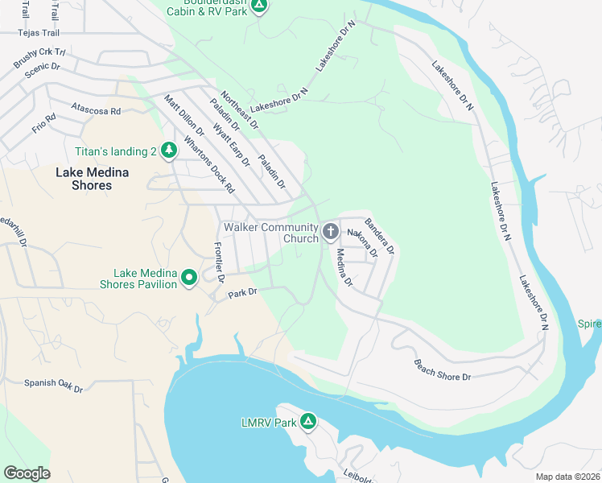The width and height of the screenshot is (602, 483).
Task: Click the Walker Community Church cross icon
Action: click(x=330, y=233)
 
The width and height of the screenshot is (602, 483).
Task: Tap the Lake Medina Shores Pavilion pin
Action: click(x=189, y=278)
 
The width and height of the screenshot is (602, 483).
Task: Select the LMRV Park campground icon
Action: click(x=307, y=422)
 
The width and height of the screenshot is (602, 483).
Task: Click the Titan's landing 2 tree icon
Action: click(x=168, y=151)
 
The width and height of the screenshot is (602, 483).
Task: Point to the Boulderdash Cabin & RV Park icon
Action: click(x=258, y=6)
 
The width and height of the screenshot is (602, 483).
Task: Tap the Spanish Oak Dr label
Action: click(x=53, y=385)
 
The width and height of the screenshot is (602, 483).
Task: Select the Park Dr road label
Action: click(x=241, y=292)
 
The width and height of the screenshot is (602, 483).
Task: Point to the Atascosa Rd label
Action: click(x=95, y=109)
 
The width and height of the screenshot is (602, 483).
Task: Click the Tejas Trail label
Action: click(x=40, y=33)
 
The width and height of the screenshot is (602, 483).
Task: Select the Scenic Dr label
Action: click(x=43, y=69)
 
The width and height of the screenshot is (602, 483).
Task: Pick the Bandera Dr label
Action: click(x=379, y=236)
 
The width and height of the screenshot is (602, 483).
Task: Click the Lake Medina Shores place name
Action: click(x=84, y=179)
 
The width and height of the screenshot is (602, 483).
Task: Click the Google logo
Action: click(x=27, y=473)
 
